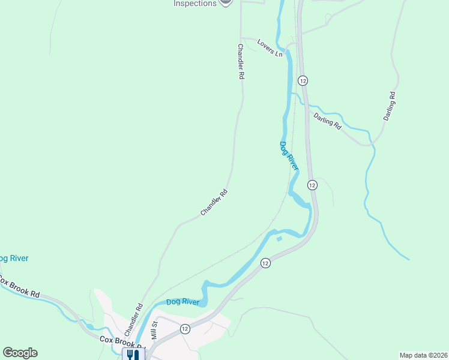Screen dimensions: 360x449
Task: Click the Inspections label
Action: pos(194,3)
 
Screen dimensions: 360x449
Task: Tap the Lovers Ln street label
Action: pos(270,48)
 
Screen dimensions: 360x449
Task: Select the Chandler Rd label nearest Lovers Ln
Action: pos(241,62)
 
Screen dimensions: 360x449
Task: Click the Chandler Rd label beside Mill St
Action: pos(133,323)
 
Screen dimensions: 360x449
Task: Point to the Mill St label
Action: pos(154,331)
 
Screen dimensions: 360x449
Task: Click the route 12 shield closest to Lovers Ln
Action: pos(303,80)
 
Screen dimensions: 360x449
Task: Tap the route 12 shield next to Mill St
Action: pos(184,328)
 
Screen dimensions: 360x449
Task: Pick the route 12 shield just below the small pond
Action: pos(265,263)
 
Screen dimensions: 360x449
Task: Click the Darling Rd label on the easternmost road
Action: pos(390,106)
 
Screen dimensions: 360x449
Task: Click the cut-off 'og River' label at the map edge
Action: pos(13,259)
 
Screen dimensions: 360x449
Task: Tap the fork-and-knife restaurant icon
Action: pos(133,354)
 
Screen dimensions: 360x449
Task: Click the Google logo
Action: pos(20,353)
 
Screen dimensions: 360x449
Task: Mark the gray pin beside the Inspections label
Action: pos(225,2)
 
